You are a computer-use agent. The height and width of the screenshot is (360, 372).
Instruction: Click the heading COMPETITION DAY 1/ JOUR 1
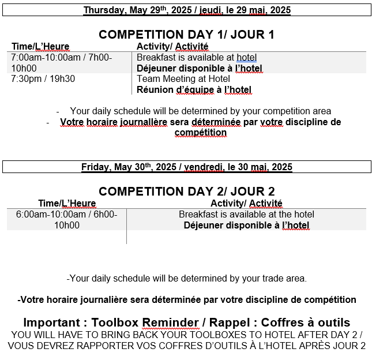(186, 35)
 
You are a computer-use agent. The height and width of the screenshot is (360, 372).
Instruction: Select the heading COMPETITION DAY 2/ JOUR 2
(186, 192)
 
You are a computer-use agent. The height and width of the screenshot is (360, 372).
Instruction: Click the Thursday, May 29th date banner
(186, 10)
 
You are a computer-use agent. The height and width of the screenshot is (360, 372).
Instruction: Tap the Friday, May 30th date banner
(186, 167)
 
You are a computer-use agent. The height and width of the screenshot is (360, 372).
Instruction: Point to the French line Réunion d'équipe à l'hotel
(194, 89)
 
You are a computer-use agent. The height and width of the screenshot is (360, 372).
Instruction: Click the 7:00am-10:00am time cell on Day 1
(61, 62)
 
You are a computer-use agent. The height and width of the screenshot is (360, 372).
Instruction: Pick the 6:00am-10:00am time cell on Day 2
(66, 219)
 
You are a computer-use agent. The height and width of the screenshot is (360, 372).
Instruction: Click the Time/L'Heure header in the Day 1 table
(40, 47)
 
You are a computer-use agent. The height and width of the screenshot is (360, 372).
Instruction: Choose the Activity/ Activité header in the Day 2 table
(246, 204)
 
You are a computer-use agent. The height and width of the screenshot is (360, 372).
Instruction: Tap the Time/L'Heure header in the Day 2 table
(67, 204)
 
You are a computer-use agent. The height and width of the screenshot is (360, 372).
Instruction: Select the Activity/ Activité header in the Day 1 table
(172, 47)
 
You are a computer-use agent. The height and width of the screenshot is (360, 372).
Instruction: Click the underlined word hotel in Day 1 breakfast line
(246, 58)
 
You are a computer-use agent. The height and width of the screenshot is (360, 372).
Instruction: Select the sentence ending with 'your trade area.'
(187, 279)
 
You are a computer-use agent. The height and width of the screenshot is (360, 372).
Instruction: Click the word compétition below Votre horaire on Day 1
(200, 133)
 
